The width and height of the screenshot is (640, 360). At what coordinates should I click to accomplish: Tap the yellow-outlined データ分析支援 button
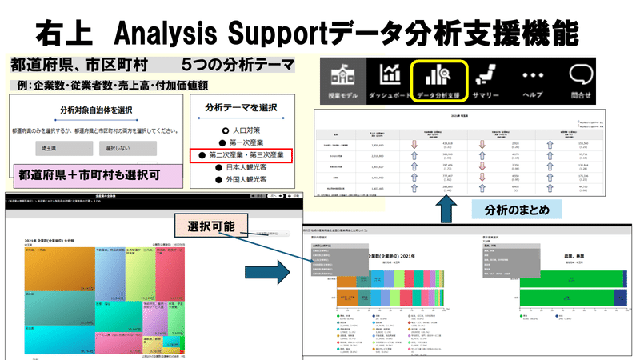click(439, 81)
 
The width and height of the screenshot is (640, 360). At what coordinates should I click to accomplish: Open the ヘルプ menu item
click(532, 81)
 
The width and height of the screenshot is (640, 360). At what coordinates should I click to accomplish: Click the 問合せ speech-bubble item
click(582, 81)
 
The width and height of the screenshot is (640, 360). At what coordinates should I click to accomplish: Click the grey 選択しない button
click(120, 149)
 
